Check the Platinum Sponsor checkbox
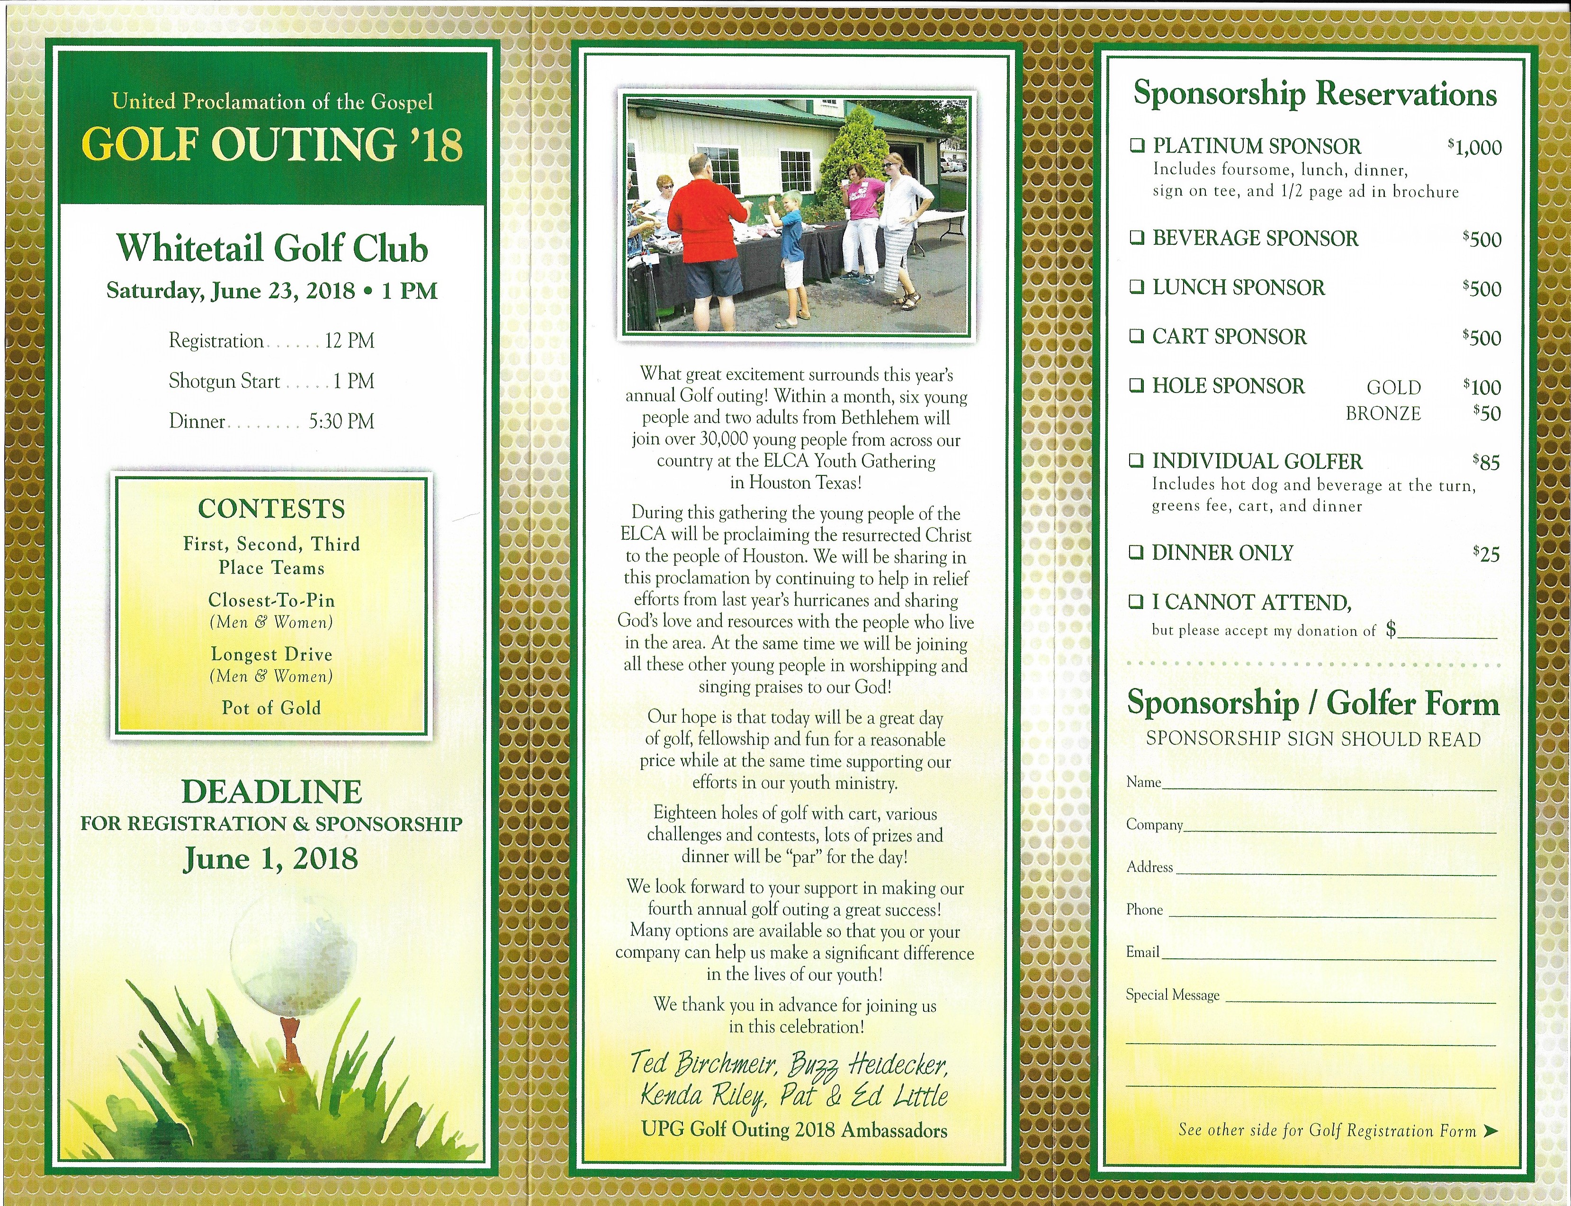[x=1137, y=146]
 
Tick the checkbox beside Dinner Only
[x=1136, y=552]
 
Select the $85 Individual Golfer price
[x=1486, y=462]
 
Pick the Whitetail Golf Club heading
[x=272, y=249]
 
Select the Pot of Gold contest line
[x=271, y=708]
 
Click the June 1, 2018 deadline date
[x=271, y=858]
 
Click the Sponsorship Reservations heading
[x=1315, y=94]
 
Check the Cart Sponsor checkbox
[x=1136, y=336]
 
